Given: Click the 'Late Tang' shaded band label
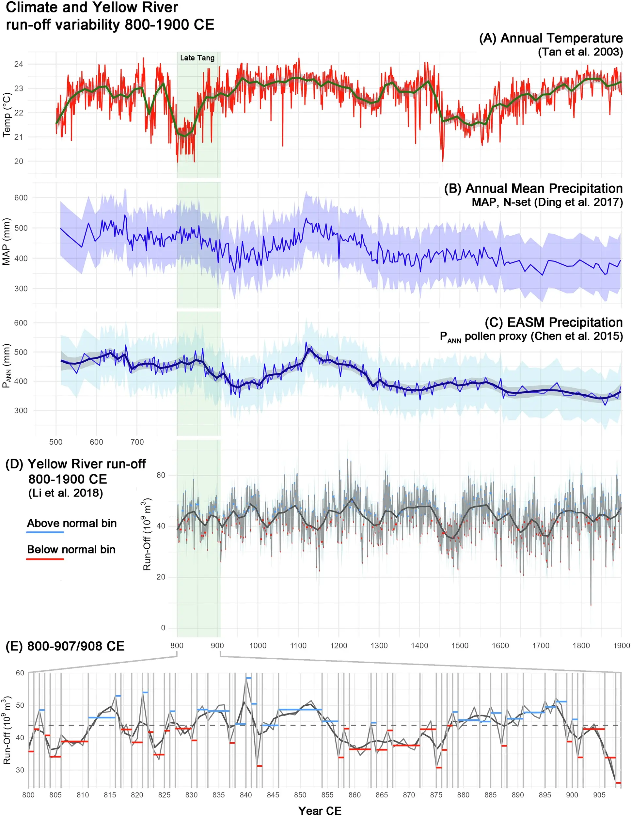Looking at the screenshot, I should tap(197, 58).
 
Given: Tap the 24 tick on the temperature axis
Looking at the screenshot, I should tap(19, 64).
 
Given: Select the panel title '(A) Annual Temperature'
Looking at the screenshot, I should tap(551, 38).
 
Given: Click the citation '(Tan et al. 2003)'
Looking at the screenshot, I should tap(580, 52).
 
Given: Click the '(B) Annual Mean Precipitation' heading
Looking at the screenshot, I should tap(533, 188).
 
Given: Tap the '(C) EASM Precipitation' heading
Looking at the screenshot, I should tap(553, 322).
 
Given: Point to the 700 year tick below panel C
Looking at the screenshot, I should tap(137, 442).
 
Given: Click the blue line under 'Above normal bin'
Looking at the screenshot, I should tap(45, 532).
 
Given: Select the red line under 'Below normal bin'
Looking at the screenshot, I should tap(45, 559).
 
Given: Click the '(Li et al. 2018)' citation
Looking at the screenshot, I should tap(66, 493).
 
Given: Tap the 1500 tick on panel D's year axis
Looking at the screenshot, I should tap(460, 646).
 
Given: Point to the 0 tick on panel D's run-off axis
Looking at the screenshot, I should tap(163, 628).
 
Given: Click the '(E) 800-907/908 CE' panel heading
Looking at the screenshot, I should tap(65, 646).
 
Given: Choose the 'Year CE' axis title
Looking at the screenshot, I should tap(320, 810).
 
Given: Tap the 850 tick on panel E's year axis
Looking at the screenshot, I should tap(300, 795).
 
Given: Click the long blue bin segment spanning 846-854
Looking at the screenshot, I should tap(300, 710).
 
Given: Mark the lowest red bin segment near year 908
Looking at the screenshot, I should tap(618, 783).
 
